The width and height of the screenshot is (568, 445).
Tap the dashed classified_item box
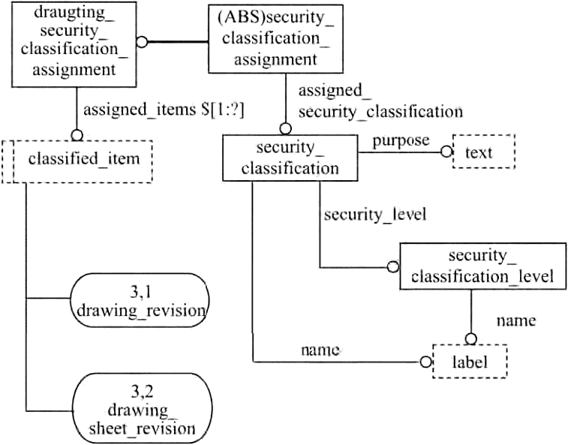78,159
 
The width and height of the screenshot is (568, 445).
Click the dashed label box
470,362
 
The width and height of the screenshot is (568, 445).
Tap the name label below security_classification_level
516,320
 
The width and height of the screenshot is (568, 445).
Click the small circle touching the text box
447,152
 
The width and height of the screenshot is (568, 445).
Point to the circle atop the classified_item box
75,135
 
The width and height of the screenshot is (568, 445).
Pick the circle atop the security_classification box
285,129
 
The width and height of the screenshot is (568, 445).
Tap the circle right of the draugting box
142,42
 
